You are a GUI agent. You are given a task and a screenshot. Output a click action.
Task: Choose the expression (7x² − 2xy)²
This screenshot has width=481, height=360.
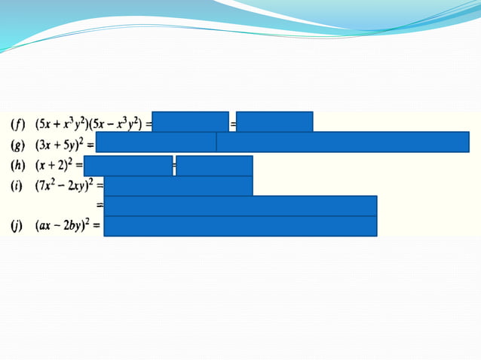pos(64,185)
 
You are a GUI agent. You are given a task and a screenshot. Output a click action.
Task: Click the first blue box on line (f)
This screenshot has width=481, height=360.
pos(191,122)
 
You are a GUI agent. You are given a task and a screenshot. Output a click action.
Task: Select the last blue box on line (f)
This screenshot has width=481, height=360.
pos(275,122)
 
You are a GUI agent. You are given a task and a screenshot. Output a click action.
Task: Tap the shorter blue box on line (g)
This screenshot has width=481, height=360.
pos(156,142)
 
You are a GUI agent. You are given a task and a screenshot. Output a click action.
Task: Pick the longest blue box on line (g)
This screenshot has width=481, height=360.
pos(342,142)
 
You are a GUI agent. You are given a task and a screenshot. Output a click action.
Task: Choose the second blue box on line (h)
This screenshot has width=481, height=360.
pos(214,166)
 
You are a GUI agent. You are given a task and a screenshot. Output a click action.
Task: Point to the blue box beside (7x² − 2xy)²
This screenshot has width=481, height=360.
pos(179,185)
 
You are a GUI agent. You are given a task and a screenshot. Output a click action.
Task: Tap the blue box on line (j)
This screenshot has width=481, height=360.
pos(240,226)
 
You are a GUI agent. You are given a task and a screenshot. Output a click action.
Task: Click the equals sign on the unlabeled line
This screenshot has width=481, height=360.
pos(100,204)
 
